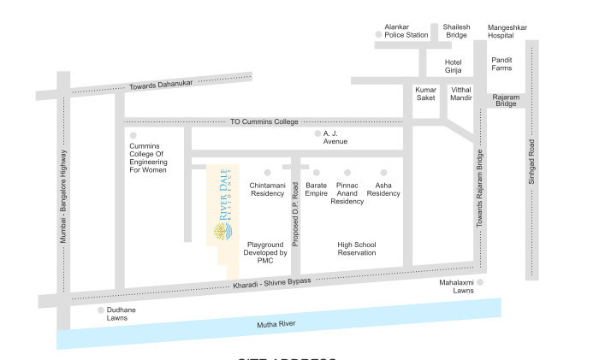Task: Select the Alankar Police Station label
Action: click(x=406, y=31)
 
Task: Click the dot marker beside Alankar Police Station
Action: click(x=378, y=35)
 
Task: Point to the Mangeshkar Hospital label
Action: click(x=507, y=32)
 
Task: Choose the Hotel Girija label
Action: click(x=453, y=67)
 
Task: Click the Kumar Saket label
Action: click(x=425, y=93)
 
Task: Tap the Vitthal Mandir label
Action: click(x=461, y=93)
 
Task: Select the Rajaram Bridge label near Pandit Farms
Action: click(x=506, y=101)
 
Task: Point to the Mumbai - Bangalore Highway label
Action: click(x=63, y=196)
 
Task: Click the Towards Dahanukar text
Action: click(x=161, y=84)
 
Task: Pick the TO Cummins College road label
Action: click(x=264, y=122)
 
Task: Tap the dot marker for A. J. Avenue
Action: click(x=316, y=134)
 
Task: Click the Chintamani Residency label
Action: click(x=267, y=189)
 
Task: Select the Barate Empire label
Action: click(x=317, y=189)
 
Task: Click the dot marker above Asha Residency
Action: click(x=383, y=173)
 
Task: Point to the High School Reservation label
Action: click(x=357, y=249)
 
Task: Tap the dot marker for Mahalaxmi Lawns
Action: click(x=480, y=281)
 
